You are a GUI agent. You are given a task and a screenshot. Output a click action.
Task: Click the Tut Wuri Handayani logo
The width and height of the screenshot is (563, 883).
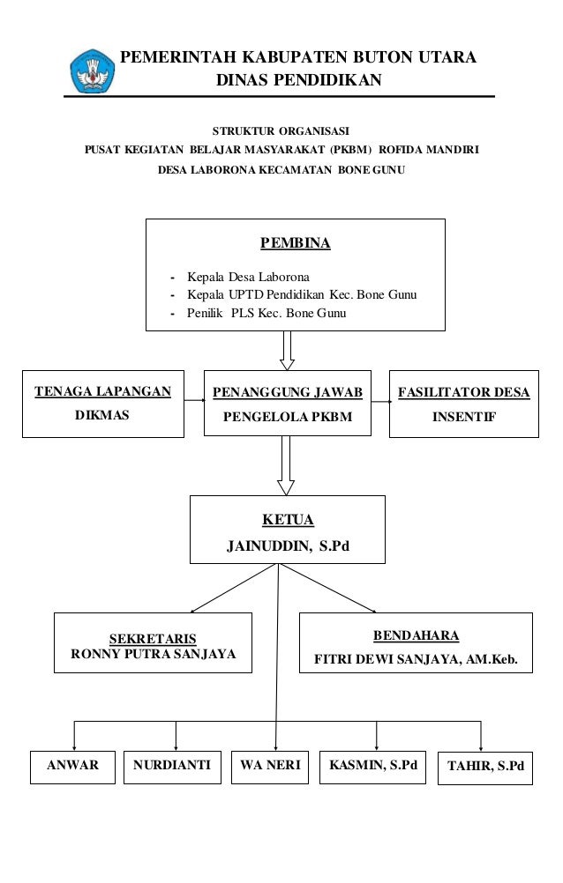pyautogui.click(x=92, y=71)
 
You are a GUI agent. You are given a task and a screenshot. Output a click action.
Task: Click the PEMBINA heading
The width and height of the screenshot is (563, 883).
pyautogui.click(x=295, y=243)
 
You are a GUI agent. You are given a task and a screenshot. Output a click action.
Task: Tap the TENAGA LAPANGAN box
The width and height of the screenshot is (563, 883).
pyautogui.click(x=102, y=404)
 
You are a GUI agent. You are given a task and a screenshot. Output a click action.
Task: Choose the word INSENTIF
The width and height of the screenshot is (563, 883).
pyautogui.click(x=463, y=417)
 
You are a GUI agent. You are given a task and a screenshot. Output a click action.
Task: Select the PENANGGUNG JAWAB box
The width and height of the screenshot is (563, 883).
pyautogui.click(x=287, y=404)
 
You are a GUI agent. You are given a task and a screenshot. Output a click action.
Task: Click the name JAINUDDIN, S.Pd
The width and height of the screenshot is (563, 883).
pyautogui.click(x=288, y=546)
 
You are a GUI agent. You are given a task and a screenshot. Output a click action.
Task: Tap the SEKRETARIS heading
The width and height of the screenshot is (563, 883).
pyautogui.click(x=152, y=638)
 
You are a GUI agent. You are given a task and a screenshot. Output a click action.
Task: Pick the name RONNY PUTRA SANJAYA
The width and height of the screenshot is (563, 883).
pyautogui.click(x=152, y=655)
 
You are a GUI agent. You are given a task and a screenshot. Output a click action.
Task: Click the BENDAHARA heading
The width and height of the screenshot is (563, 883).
pyautogui.click(x=416, y=635)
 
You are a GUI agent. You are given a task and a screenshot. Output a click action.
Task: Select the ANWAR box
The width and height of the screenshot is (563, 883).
pyautogui.click(x=72, y=766)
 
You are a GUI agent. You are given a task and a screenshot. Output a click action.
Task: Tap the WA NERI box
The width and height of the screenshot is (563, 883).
pyautogui.click(x=270, y=766)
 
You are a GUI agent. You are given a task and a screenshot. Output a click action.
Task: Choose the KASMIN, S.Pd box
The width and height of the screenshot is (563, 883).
pyautogui.click(x=372, y=766)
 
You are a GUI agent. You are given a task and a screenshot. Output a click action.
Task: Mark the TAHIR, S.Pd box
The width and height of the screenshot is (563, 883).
pyautogui.click(x=485, y=767)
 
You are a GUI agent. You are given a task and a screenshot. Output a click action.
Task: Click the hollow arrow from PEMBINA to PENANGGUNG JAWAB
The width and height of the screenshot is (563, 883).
pyautogui.click(x=286, y=350)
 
